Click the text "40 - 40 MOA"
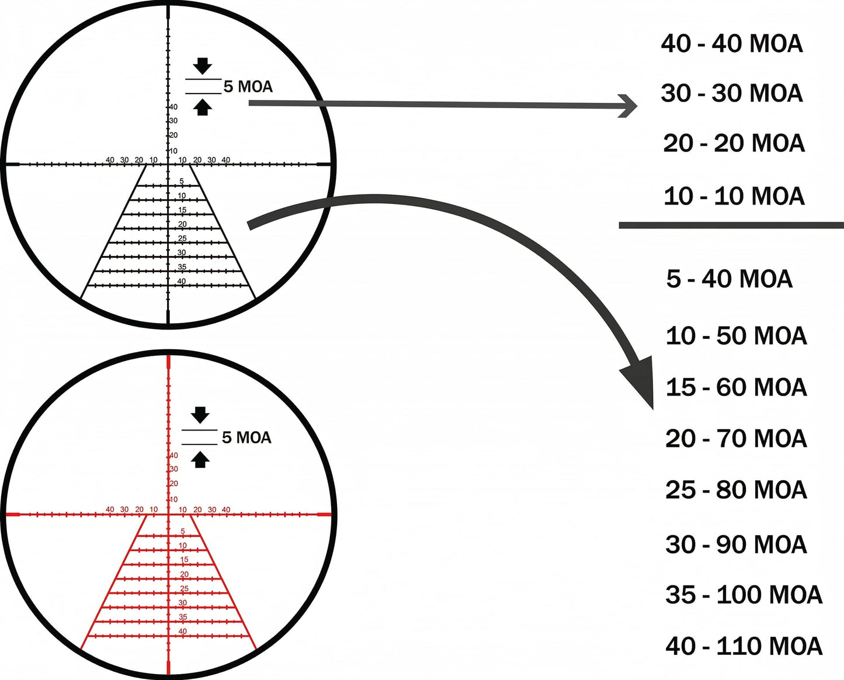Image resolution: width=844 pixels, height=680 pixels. [732, 44]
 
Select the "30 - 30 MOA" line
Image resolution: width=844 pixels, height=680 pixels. [732, 93]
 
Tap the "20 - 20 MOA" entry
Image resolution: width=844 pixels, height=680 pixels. [734, 143]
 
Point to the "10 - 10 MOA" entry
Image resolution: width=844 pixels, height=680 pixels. [734, 196]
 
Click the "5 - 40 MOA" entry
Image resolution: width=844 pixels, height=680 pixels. [730, 279]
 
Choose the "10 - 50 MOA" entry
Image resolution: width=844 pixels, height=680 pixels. [736, 336]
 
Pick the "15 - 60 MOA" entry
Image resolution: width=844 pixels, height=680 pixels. [736, 387]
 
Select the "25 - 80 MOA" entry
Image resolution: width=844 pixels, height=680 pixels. [736, 490]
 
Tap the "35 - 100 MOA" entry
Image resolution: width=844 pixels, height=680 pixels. [744, 595]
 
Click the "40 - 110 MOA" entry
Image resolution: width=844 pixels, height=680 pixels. [744, 646]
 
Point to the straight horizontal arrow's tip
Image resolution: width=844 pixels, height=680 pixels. [637, 106]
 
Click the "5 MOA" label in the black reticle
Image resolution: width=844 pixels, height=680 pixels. [248, 86]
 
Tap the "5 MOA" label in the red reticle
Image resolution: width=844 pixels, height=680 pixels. [246, 438]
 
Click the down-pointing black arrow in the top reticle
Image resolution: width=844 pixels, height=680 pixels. [203, 66]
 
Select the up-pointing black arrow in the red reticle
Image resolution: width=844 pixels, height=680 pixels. [200, 460]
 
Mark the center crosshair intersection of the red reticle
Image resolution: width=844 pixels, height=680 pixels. [168, 514]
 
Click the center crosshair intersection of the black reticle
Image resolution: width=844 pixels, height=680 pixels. [168, 164]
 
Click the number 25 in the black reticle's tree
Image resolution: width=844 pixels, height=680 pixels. [182, 238]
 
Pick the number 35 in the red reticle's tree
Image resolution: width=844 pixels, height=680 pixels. [183, 617]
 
